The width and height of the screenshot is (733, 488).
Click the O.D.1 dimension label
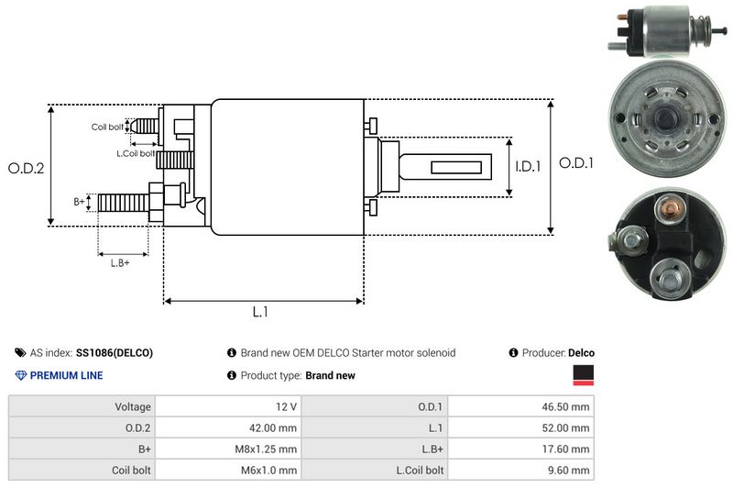pyautogui.click(x=577, y=164)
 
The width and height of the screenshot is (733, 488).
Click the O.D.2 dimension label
pyautogui.click(x=26, y=168)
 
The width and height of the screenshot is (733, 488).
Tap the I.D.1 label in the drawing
pyautogui.click(x=529, y=167)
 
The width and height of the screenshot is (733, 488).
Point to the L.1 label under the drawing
pyautogui.click(x=260, y=312)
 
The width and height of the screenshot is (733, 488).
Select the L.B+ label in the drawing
pyautogui.click(x=120, y=263)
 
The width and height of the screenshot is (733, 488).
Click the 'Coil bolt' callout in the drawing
pyautogui.click(x=107, y=127)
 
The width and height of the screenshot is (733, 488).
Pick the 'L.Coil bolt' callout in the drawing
pyautogui.click(x=135, y=153)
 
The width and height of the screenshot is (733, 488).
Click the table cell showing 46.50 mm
pyautogui.click(x=565, y=405)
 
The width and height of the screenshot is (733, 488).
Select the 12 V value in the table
pyautogui.click(x=284, y=405)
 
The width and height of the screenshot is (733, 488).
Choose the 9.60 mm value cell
pyautogui.click(x=569, y=471)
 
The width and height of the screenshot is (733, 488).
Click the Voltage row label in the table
pyautogui.click(x=133, y=405)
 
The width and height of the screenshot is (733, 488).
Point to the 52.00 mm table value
pyautogui.click(x=565, y=427)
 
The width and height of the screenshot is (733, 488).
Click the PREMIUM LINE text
pyautogui.click(x=66, y=375)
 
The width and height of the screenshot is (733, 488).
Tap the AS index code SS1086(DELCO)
pyautogui.click(x=115, y=353)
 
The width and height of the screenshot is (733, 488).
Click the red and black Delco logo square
pyautogui.click(x=583, y=375)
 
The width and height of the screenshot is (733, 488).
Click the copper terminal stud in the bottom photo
pyautogui.click(x=670, y=213)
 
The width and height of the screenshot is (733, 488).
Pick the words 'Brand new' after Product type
pyautogui.click(x=330, y=375)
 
